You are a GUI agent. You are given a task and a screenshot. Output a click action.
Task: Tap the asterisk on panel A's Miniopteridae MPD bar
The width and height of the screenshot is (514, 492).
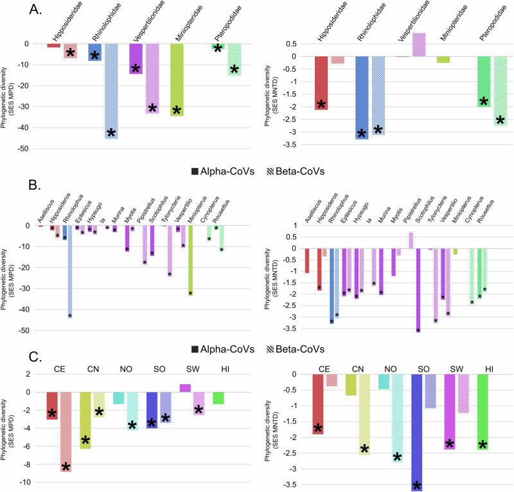click(177, 110)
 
